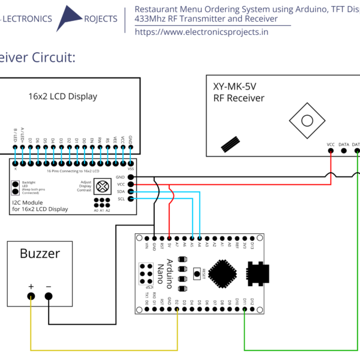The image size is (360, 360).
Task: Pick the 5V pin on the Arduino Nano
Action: coord(169,236)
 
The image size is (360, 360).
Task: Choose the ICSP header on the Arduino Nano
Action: coord(146,274)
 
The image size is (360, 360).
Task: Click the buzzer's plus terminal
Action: coord(31,296)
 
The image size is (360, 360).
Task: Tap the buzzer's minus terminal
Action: coord(49,296)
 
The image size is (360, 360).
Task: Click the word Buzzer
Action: coord(40,254)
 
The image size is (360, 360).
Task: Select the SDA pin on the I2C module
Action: coord(131,191)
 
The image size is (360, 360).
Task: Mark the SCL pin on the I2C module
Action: coord(131,199)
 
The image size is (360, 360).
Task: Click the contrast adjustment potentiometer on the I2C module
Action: coord(103,185)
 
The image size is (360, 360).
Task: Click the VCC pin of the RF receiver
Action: coord(331,151)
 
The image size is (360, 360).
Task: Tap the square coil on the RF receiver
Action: coord(307,121)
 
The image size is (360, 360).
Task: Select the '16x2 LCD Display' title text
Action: coord(62,96)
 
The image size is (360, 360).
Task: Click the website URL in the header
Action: coord(202,32)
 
